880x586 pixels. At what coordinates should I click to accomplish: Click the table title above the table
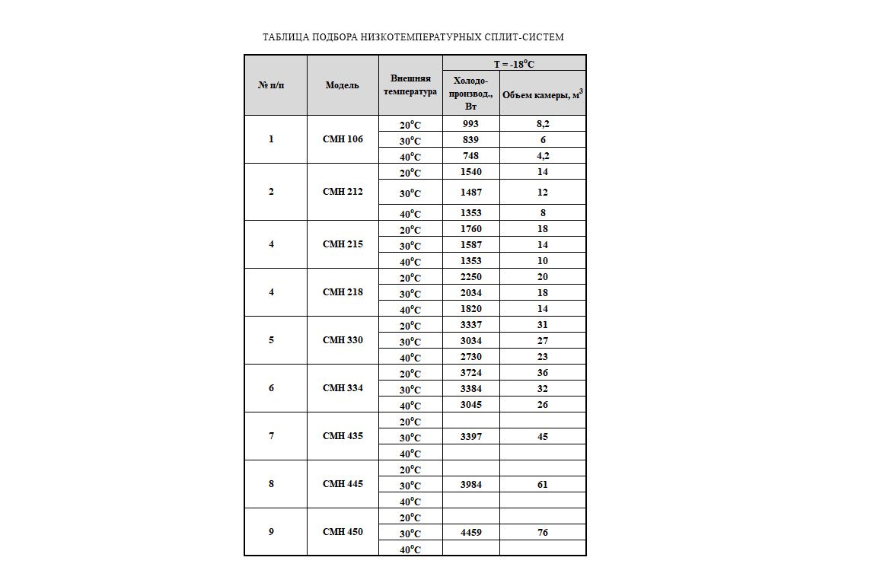(x=413, y=37)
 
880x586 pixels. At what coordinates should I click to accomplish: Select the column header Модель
(x=342, y=85)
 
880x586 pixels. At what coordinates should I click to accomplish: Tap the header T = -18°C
(x=514, y=64)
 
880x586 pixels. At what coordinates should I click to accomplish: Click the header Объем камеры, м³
(x=543, y=94)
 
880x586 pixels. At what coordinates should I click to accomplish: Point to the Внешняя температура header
(x=410, y=85)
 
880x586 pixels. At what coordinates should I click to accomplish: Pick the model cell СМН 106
(x=343, y=139)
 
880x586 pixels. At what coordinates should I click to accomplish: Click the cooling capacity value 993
(x=470, y=123)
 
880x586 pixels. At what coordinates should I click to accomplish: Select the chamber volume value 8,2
(x=543, y=123)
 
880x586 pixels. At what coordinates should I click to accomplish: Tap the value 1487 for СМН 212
(x=470, y=192)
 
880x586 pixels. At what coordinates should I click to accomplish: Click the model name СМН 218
(x=343, y=292)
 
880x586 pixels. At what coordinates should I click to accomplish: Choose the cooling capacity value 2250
(x=470, y=277)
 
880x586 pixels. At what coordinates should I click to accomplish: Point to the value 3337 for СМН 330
(x=470, y=325)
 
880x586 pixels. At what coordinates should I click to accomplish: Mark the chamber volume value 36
(x=543, y=373)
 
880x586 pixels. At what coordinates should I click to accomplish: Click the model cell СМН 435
(x=343, y=436)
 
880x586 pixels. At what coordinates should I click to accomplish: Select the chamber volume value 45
(x=543, y=437)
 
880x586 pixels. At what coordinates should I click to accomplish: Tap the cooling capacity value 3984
(x=470, y=485)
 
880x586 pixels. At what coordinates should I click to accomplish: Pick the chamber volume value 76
(x=543, y=533)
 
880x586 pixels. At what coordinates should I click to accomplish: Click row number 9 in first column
(x=272, y=532)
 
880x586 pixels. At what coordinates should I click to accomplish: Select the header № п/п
(x=272, y=85)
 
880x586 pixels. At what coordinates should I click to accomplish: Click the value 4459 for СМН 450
(x=470, y=533)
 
